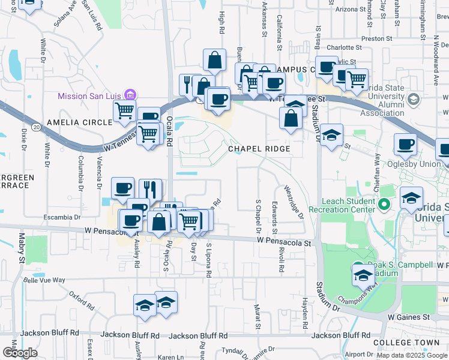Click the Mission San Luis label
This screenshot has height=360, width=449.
pyautogui.click(x=89, y=95)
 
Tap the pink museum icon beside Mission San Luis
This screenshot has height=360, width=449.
pyautogui.click(x=130, y=95)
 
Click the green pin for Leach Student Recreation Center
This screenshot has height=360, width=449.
pyautogui.click(x=387, y=205)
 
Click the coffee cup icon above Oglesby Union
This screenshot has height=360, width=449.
pyautogui.click(x=405, y=145)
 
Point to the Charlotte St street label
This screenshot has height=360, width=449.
pyautogui.click(x=345, y=47)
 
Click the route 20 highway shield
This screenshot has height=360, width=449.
pyautogui.click(x=37, y=127)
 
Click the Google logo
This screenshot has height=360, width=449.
pyautogui.click(x=20, y=353)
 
